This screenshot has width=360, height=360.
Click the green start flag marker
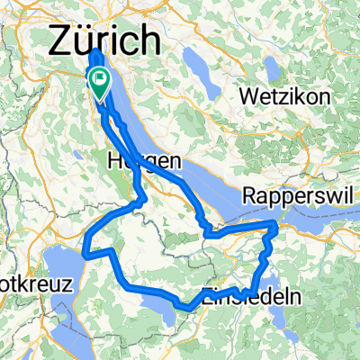(x=98, y=83)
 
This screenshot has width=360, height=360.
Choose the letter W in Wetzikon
(x=247, y=94)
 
